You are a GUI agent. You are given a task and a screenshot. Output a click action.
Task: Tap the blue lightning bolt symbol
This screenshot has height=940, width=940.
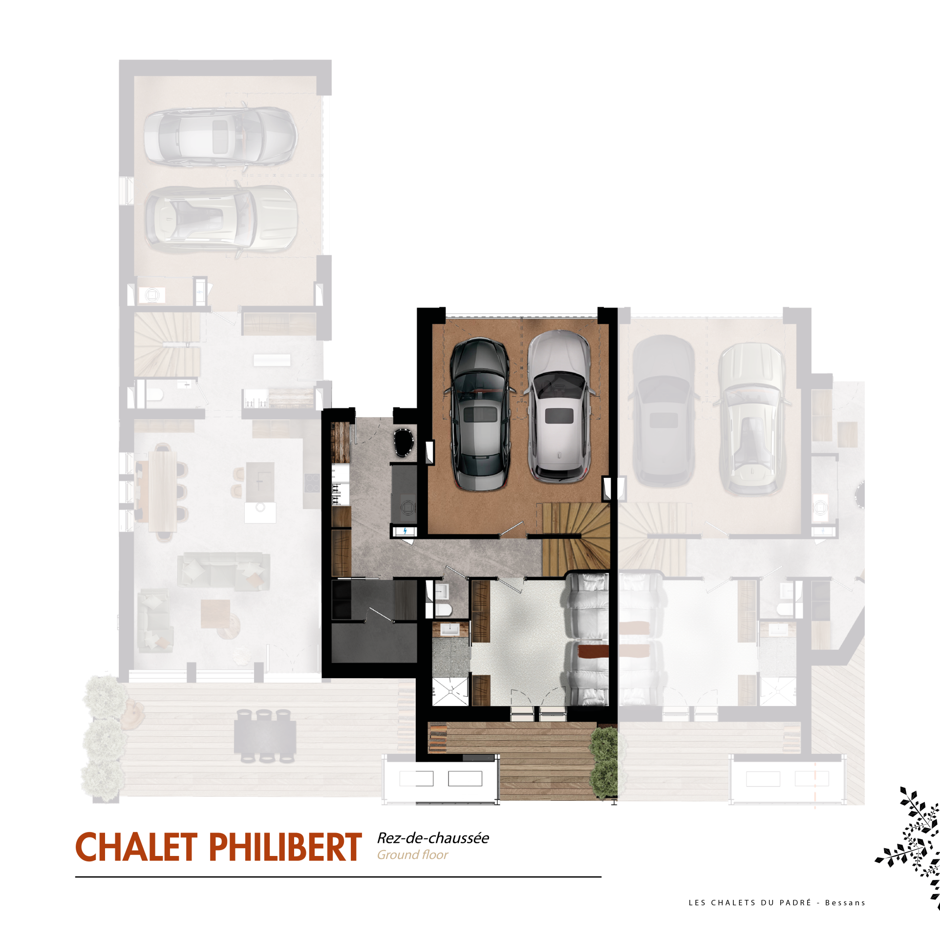(x=405, y=531)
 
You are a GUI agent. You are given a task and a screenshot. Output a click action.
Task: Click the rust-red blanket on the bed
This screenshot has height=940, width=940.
(x=593, y=651)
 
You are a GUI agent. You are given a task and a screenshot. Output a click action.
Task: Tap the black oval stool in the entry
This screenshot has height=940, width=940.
(x=404, y=442)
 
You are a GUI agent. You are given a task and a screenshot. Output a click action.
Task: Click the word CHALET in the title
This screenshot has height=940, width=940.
(x=136, y=848)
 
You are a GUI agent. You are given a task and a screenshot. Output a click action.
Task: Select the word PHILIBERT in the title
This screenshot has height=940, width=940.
(x=286, y=848)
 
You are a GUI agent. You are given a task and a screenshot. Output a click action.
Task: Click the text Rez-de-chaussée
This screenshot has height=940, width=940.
(x=433, y=838)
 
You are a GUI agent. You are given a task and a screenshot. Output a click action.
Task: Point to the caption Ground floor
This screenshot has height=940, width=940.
(x=412, y=855)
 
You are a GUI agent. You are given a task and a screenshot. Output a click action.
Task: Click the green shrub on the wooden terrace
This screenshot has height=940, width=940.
(x=604, y=763)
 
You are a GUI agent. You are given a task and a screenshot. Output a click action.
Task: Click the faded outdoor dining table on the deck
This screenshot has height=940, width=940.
(x=265, y=736)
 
